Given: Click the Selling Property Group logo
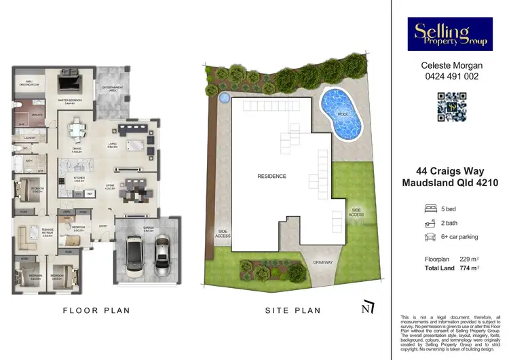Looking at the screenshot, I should [x=449, y=34].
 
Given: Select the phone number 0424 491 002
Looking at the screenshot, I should [x=449, y=77].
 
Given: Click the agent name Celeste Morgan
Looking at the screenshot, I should [x=449, y=66].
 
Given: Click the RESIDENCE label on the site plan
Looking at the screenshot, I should [x=271, y=176].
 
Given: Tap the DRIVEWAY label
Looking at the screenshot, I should [x=323, y=261].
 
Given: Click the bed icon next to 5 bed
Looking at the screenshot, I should [x=429, y=208].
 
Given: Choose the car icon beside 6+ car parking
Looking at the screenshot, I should [x=429, y=237].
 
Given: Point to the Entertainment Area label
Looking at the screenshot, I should [x=113, y=88].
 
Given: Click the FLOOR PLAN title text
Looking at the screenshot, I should [x=96, y=310].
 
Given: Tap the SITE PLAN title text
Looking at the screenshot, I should [x=293, y=310].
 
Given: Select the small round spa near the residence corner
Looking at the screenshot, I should [x=224, y=96].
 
